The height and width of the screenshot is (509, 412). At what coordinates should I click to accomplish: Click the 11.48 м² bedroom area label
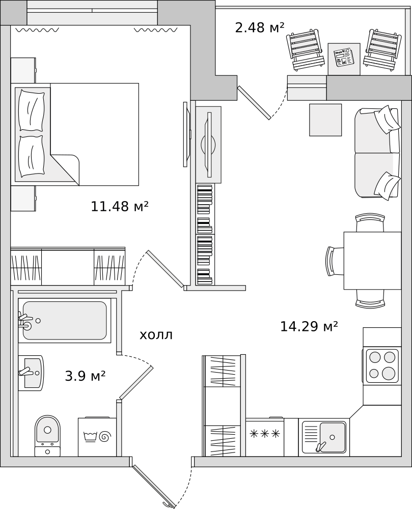[120, 206]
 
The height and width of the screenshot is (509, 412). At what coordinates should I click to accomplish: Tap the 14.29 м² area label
[309, 326]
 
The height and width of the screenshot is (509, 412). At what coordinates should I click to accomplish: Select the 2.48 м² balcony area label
[260, 27]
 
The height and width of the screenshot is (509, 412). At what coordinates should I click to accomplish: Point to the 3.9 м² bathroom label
[86, 376]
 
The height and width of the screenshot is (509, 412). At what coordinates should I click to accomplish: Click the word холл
[156, 335]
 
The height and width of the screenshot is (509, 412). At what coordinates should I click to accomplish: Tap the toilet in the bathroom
[48, 435]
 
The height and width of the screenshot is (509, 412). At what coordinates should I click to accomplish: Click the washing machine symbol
[97, 437]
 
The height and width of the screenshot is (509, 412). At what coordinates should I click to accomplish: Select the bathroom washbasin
[31, 372]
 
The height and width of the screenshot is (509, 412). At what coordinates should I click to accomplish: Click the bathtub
[65, 320]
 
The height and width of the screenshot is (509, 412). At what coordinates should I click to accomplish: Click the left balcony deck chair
[305, 50]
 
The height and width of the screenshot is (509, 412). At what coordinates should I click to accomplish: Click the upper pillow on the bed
[32, 110]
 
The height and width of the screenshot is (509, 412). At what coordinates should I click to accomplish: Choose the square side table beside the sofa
[325, 120]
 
